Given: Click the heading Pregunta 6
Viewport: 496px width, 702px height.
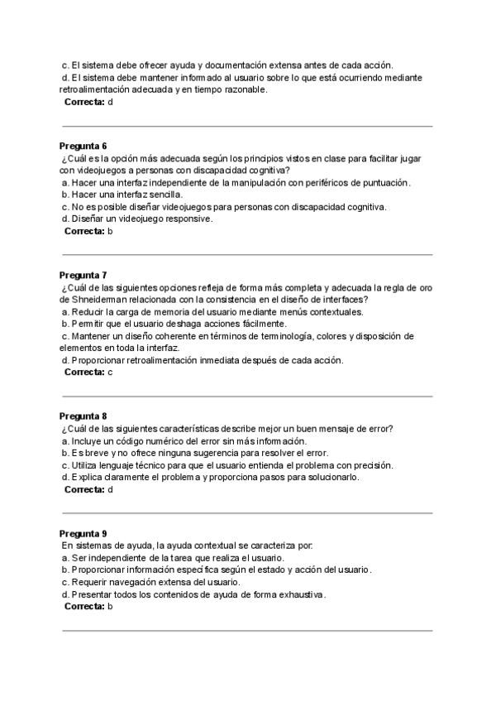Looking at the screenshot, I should pyautogui.click(x=83, y=145).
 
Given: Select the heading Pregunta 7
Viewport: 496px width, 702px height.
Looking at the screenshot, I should pyautogui.click(x=83, y=275).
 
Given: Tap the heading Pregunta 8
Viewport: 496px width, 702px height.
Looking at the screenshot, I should pyautogui.click(x=83, y=416).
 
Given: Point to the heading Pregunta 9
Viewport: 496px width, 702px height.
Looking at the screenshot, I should pyautogui.click(x=83, y=533).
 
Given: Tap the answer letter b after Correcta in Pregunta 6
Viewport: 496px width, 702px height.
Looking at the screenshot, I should pyautogui.click(x=110, y=231).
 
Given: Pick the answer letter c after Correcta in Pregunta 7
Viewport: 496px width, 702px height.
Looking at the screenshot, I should pyautogui.click(x=110, y=372).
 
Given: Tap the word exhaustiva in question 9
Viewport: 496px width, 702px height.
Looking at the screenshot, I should pyautogui.click(x=298, y=594).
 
